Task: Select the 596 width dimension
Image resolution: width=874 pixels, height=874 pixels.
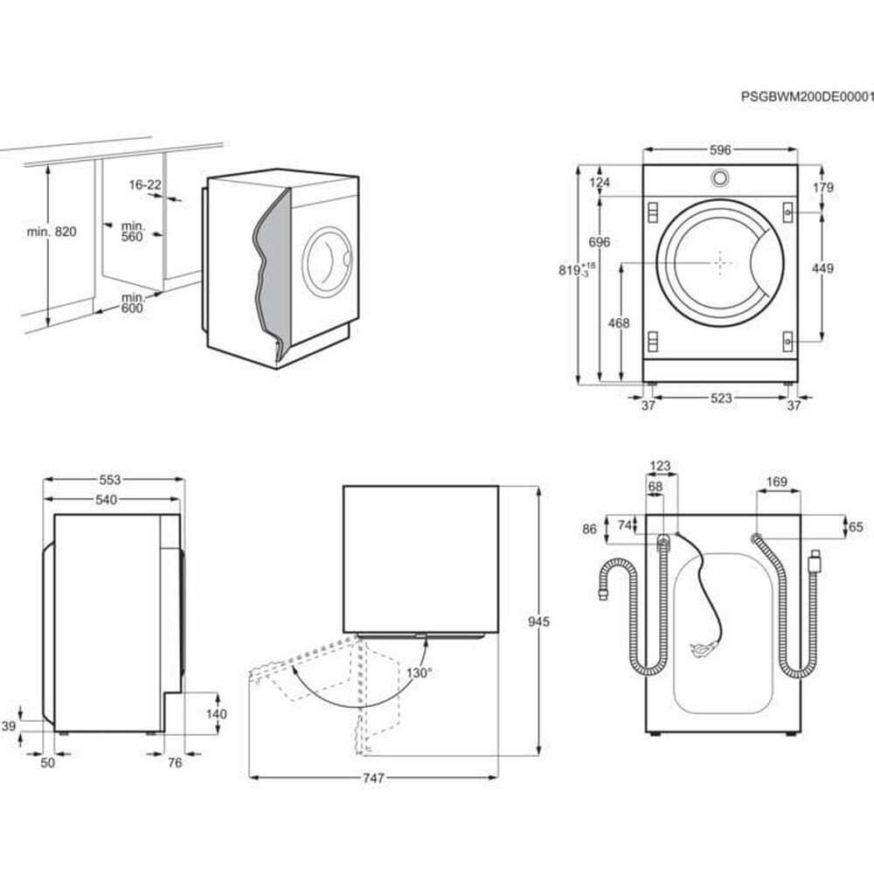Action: (719, 150)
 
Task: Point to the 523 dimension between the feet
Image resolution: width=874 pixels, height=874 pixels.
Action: (720, 399)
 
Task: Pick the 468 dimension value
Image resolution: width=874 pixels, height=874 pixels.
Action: (618, 323)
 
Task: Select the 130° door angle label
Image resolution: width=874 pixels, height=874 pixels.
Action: (419, 673)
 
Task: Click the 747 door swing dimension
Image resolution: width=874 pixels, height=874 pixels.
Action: (373, 778)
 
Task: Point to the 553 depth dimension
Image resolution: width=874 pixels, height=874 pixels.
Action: (109, 480)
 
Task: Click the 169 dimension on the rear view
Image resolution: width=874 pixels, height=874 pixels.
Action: (776, 482)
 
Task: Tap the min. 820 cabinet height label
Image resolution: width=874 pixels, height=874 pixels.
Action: (52, 232)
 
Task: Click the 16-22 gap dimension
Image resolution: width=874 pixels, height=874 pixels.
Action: (145, 185)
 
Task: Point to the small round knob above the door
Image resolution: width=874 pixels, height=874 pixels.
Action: (719, 178)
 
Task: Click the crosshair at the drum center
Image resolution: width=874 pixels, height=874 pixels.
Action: (718, 262)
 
